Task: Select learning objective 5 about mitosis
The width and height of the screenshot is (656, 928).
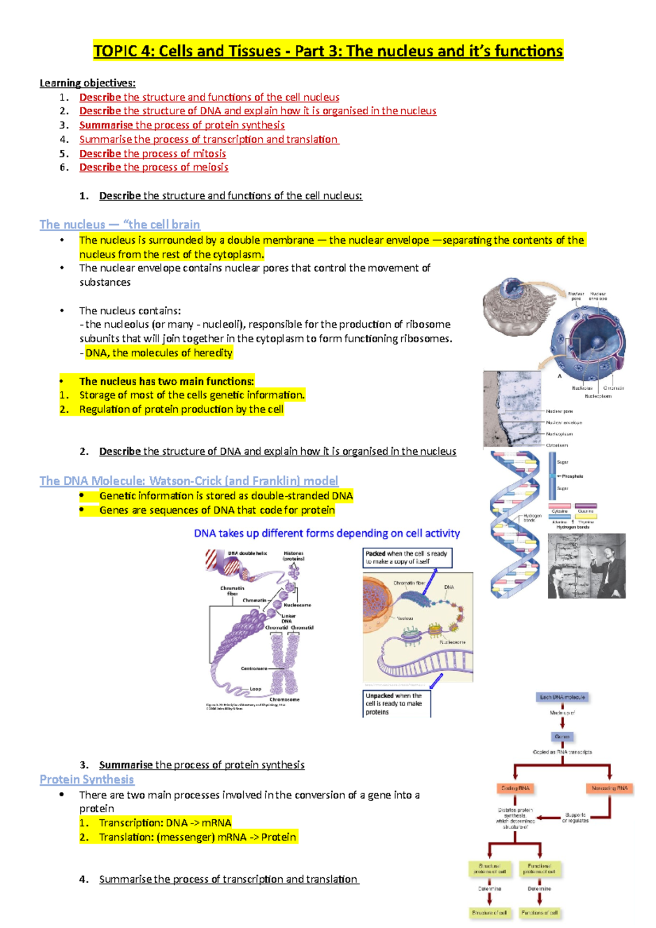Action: click(153, 154)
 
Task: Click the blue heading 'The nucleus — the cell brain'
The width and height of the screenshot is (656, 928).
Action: click(120, 225)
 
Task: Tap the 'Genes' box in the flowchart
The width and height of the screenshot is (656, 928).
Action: click(562, 737)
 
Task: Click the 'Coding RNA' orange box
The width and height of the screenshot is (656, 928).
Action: click(515, 788)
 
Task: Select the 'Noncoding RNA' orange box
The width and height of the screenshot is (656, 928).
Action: click(610, 788)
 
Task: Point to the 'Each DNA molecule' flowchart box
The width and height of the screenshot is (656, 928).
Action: click(562, 697)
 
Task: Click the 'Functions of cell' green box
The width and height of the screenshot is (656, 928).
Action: click(539, 913)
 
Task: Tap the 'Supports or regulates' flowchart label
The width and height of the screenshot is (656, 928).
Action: click(576, 818)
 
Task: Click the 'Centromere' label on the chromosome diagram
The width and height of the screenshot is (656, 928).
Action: click(254, 668)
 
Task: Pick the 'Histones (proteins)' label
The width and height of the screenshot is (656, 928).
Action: click(294, 556)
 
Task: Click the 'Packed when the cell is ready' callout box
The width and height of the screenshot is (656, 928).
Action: click(407, 557)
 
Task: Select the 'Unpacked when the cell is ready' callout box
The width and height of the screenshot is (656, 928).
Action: click(396, 704)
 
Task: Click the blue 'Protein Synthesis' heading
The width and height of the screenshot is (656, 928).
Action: click(87, 780)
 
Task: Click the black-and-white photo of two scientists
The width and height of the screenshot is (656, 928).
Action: click(587, 566)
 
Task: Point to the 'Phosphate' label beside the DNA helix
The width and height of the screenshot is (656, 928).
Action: click(572, 477)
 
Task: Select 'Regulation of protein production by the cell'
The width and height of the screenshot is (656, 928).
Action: click(181, 409)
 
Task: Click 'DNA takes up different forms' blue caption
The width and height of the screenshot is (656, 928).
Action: click(327, 533)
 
